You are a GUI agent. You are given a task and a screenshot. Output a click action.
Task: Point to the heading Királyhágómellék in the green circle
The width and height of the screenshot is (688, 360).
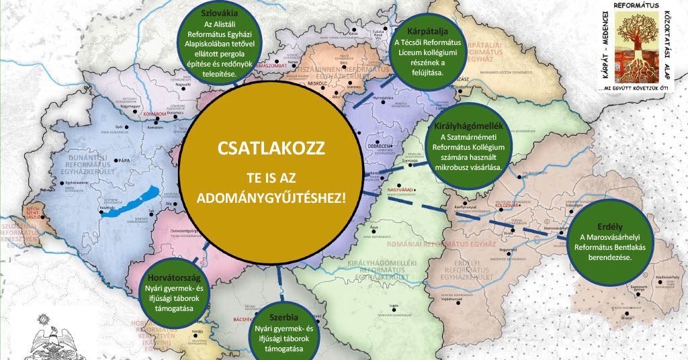click(468, 126)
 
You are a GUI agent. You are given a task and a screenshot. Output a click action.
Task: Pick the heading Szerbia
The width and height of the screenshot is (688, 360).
click(282, 317)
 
